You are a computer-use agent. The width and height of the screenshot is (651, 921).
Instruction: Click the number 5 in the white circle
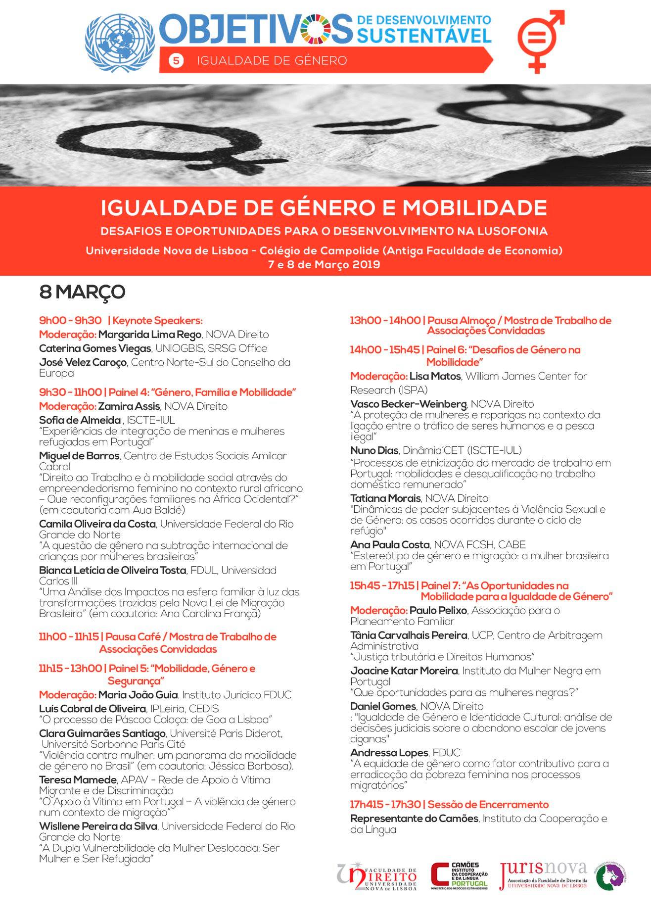coord(176,61)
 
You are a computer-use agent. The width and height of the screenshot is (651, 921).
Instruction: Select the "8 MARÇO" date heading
coord(82,292)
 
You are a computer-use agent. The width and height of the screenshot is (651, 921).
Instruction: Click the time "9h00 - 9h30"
coord(70,321)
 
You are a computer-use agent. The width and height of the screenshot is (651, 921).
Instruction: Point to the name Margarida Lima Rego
coord(150,335)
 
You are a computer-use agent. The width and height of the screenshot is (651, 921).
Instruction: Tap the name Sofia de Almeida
coord(80,420)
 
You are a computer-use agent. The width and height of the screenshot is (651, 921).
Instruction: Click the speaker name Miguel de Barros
coord(79,456)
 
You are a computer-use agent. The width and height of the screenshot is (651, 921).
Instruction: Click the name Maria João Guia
coord(138,695)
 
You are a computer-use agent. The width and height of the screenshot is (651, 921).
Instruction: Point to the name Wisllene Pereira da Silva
coord(98,826)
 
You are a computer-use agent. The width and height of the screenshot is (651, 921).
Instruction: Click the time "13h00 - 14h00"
coord(385,321)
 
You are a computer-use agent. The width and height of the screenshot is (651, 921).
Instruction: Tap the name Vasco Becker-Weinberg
coord(408,404)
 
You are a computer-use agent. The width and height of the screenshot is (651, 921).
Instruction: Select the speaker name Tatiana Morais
coord(385,498)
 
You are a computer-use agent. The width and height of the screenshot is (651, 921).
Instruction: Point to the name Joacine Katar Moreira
coord(404,671)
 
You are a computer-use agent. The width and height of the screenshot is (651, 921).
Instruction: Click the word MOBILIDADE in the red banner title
coord(474,208)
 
